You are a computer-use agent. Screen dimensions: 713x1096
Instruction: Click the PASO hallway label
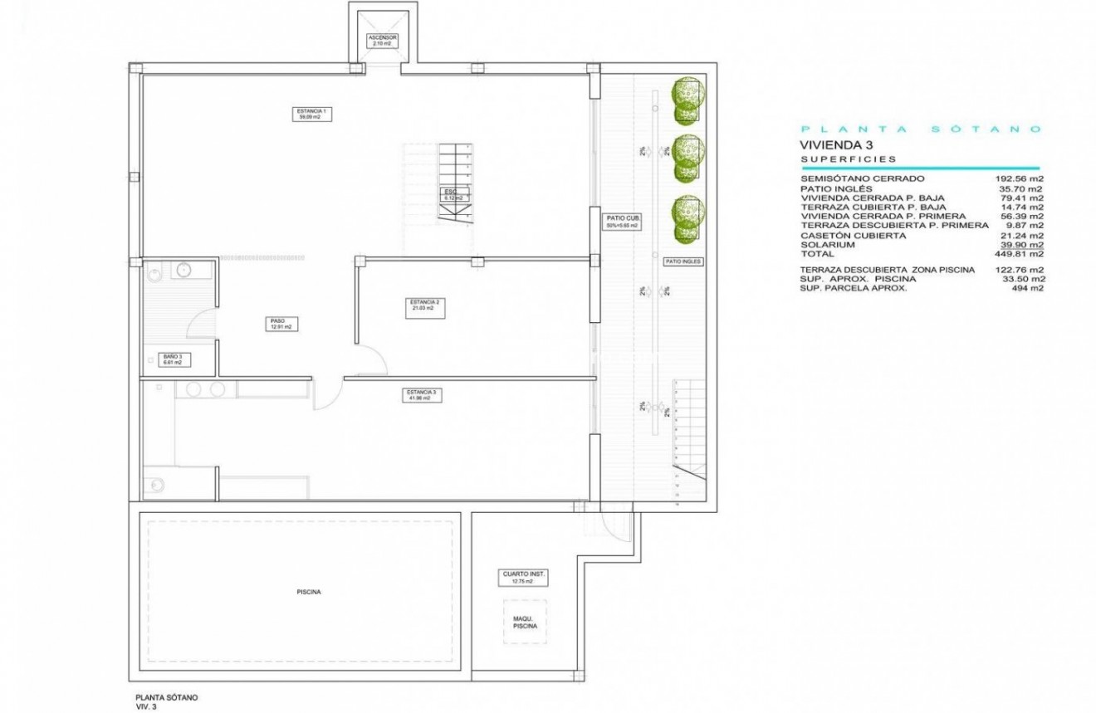pyautogui.click(x=277, y=324)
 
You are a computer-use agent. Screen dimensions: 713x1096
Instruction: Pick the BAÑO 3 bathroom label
pyautogui.click(x=172, y=359)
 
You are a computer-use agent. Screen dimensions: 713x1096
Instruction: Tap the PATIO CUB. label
pyautogui.click(x=623, y=222)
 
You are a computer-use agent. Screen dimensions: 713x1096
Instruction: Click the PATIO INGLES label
pyautogui.click(x=683, y=261)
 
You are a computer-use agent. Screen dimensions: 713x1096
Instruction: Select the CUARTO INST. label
pyautogui.click(x=525, y=577)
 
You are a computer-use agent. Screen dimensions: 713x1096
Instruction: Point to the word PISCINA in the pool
pyautogui.click(x=308, y=592)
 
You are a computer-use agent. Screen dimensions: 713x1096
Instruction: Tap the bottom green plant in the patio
pyautogui.click(x=687, y=217)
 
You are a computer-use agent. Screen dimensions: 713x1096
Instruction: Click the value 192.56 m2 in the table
pyautogui.click(x=1019, y=178)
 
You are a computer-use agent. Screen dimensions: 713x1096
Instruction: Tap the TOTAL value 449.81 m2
pyautogui.click(x=1019, y=254)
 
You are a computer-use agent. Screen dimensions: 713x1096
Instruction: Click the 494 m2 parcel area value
pyautogui.click(x=1029, y=288)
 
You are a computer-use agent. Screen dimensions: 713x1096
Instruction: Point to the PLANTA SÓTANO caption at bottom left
pyautogui.click(x=166, y=698)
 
